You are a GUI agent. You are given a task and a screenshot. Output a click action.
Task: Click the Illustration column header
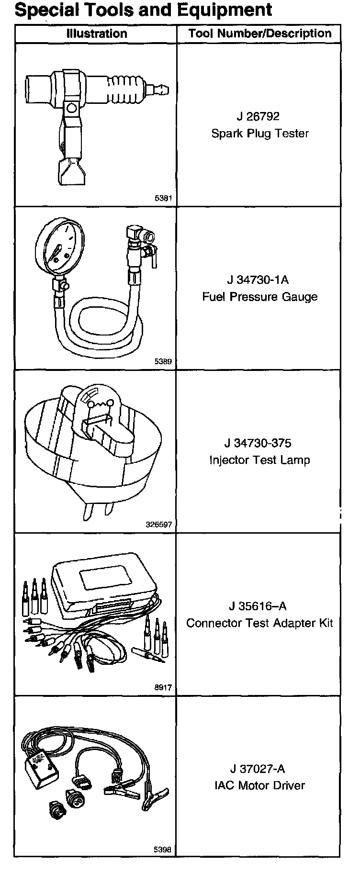coord(96,34)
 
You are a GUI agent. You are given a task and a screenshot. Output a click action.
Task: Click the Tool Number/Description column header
coord(259,34)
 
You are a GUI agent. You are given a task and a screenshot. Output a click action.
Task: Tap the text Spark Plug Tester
coord(260,134)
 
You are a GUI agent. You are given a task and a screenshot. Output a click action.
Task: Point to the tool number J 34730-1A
coord(258,280)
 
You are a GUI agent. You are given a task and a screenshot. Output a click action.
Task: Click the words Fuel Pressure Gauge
coord(259,297)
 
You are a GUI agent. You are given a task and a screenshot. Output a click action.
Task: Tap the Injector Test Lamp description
coord(259,460)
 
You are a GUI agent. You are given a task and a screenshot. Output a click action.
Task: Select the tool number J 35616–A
coord(258,606)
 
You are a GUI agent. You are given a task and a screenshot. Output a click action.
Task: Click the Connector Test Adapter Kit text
coord(259,623)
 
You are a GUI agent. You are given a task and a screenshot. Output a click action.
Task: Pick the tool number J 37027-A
coord(258,769)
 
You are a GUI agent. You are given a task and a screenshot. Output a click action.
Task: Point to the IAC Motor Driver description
coord(259,785)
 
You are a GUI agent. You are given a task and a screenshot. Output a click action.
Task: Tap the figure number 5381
coord(163,198)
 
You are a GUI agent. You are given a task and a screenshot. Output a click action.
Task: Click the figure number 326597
coord(159,525)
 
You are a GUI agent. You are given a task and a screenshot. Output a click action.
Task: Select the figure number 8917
coord(163,688)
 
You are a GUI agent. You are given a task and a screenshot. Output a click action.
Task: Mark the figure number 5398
coord(163,850)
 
